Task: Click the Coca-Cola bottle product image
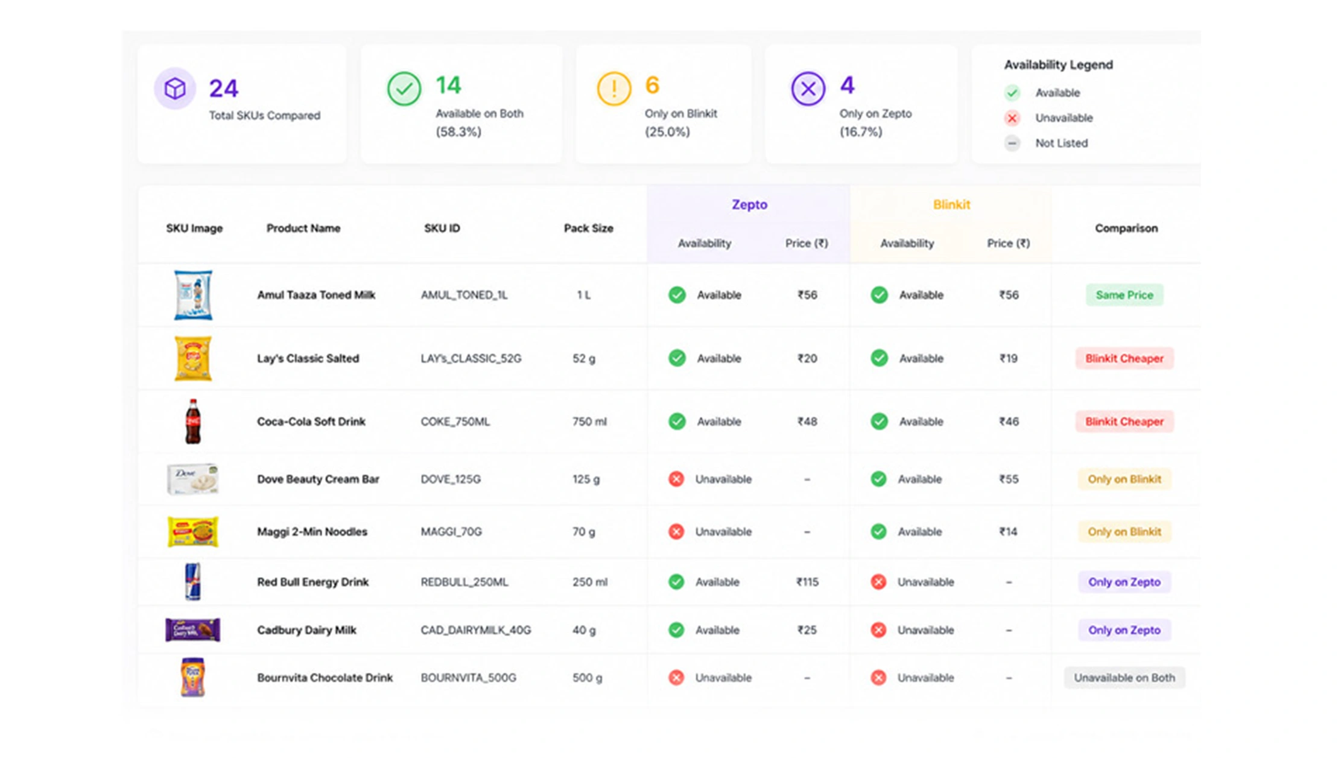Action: [x=192, y=422]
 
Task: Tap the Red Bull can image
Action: [x=192, y=582]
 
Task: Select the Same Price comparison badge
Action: [x=1124, y=295]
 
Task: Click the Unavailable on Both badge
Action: [x=1124, y=678]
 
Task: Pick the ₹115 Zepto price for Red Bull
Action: [x=807, y=582]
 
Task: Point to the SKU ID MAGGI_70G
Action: [x=451, y=532]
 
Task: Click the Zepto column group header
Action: [x=749, y=204]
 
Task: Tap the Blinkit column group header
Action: [x=951, y=204]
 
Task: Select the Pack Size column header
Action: [x=588, y=228]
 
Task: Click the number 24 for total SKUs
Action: [x=224, y=89]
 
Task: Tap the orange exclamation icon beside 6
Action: [x=614, y=89]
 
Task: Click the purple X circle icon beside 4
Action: [x=808, y=89]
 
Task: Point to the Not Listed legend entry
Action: [x=1046, y=144]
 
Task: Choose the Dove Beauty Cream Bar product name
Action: [x=318, y=479]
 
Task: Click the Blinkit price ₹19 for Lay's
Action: [x=1009, y=358]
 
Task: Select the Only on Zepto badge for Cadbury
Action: [x=1124, y=630]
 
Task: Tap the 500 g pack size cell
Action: [x=587, y=678]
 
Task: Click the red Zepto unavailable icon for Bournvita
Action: [x=676, y=678]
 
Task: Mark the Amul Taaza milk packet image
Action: [x=193, y=295]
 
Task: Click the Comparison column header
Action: [x=1126, y=228]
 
